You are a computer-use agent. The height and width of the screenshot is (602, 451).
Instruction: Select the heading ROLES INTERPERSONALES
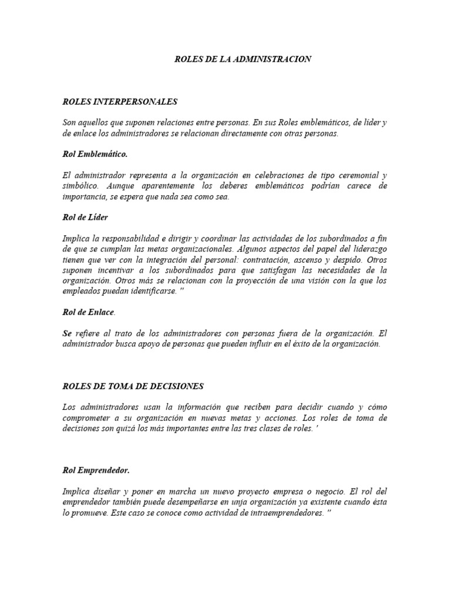tap(119, 102)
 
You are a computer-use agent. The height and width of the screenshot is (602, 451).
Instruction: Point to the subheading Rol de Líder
tap(85, 218)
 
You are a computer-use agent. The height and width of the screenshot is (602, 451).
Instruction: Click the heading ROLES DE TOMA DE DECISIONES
tap(133, 386)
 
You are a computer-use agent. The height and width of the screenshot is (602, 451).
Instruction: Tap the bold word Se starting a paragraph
tap(67, 333)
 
